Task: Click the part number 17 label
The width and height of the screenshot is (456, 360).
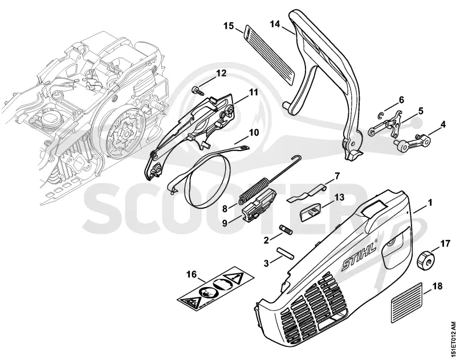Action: click(445, 243)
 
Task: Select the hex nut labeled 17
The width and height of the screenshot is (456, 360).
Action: click(426, 261)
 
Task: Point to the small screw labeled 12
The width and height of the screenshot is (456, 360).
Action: click(197, 91)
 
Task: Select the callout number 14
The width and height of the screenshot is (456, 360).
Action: click(275, 24)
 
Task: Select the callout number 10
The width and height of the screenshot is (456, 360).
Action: click(254, 133)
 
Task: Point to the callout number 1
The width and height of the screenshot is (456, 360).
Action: click(430, 203)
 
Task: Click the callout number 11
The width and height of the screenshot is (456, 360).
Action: click(253, 92)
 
